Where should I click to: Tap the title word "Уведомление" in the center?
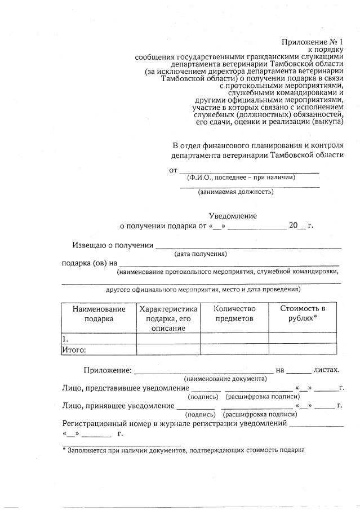[233, 216]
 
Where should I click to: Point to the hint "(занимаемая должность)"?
[235, 192]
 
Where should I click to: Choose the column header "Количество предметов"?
[234, 314]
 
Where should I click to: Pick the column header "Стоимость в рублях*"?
[303, 314]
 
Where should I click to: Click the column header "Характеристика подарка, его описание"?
[168, 318]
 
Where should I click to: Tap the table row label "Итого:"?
[74, 349]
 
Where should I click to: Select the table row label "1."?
[65, 339]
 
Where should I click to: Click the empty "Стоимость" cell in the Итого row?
[303, 349]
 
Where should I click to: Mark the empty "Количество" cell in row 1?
[234, 339]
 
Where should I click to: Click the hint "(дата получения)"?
[201, 254]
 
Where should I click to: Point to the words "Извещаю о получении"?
[113, 245]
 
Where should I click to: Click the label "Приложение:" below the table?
[108, 370]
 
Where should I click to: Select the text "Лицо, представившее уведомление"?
[125, 388]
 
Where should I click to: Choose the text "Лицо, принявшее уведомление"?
[117, 406]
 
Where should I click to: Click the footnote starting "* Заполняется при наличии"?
[183, 450]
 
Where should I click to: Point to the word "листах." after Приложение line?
[327, 370]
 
